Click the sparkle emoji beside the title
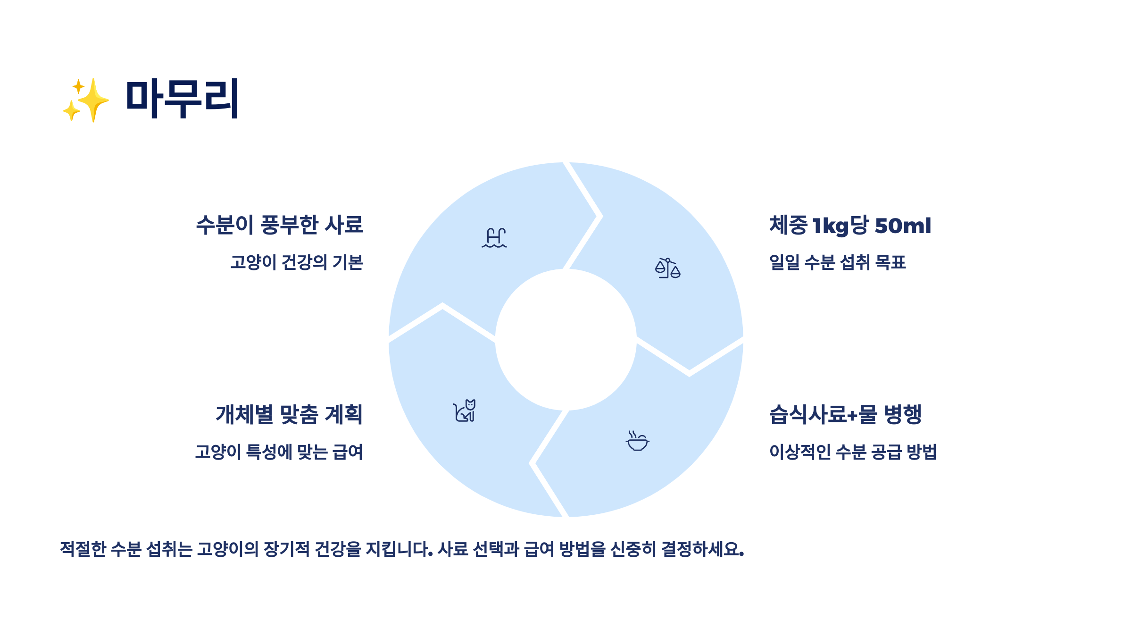(x=86, y=100)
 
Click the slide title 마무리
(x=183, y=99)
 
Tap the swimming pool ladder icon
(x=494, y=238)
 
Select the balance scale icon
(x=667, y=268)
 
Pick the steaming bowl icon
(x=637, y=441)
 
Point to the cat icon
(x=465, y=411)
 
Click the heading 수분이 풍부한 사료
(x=280, y=225)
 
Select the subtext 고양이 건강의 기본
(x=297, y=262)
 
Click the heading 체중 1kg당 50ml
(x=850, y=226)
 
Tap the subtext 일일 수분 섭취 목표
(x=837, y=262)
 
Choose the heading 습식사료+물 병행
(x=845, y=415)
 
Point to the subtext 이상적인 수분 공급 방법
(x=853, y=452)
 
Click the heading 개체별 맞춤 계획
(x=289, y=415)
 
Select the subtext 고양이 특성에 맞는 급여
(x=279, y=452)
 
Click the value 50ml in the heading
(x=903, y=226)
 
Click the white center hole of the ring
(x=566, y=340)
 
